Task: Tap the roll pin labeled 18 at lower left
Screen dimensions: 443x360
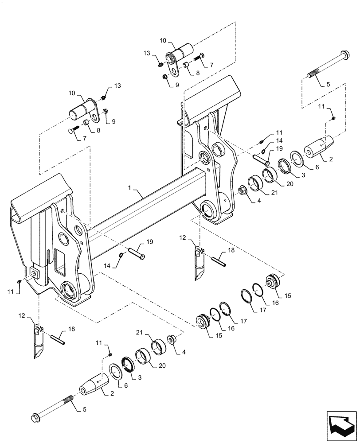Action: click(59, 340)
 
